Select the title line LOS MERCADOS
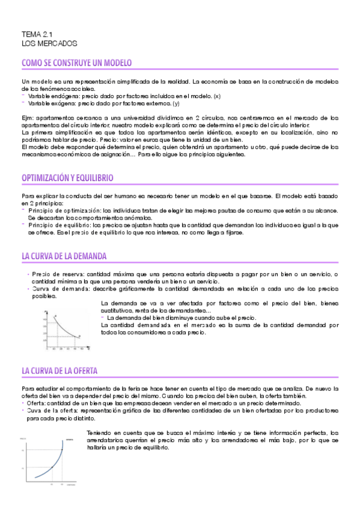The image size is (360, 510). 49,44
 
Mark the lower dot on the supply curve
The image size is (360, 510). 52,450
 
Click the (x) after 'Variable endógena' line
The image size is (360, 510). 217,96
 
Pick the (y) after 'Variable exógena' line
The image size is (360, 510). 176,103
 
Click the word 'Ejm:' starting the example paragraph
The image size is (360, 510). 28,117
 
